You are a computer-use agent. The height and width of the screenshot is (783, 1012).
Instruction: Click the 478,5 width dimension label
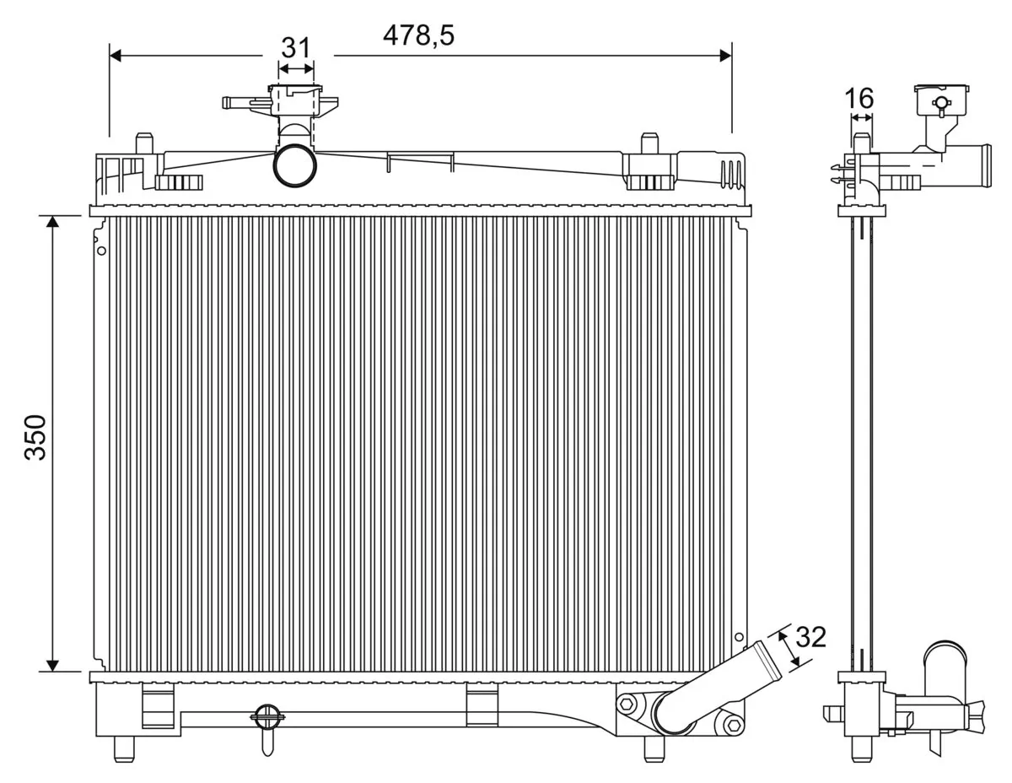coord(418,35)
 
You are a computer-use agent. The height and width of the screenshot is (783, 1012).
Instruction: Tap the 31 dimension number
coord(295,47)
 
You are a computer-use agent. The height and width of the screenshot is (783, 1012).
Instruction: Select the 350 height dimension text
coord(35,437)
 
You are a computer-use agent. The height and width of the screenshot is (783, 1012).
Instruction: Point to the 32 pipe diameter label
coord(810,637)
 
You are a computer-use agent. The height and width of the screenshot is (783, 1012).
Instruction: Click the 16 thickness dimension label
coord(859,99)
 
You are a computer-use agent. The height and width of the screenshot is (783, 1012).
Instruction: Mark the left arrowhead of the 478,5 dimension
coord(116,55)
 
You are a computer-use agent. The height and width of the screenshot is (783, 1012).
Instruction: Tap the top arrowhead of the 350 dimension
coord(52,222)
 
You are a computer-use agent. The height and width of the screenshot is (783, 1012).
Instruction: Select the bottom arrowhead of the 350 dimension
coord(52,666)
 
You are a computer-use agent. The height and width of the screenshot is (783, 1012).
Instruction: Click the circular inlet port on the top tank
coord(294,165)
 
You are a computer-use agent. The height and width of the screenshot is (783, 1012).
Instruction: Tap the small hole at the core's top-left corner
coord(101,251)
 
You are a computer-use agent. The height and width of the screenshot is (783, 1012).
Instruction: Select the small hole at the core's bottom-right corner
coord(739,638)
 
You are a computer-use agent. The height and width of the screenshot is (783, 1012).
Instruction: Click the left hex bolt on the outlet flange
coord(626,703)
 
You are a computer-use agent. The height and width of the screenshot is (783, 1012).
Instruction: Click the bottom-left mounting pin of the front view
coord(124,748)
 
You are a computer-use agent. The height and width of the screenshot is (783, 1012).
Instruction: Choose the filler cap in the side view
coord(941,99)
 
